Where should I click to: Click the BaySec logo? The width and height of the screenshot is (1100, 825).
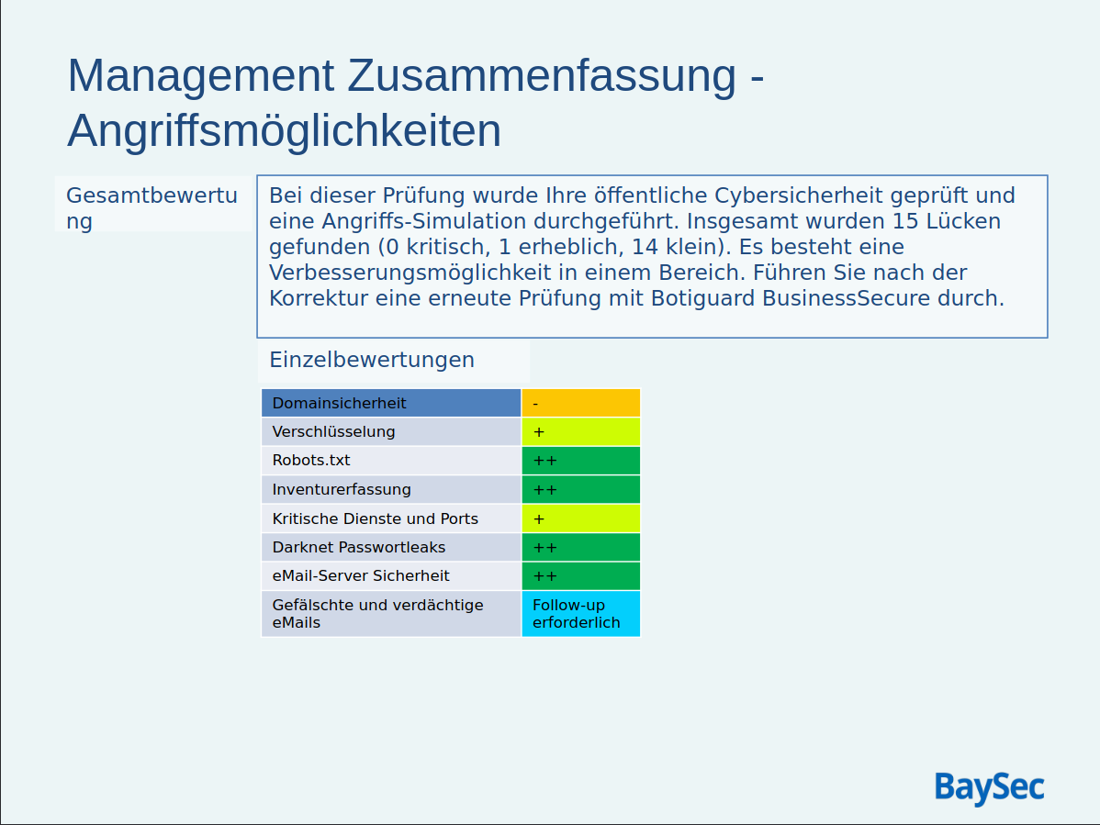click(x=989, y=788)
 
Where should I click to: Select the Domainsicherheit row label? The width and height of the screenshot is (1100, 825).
click(x=339, y=403)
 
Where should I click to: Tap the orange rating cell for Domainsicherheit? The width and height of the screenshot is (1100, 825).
click(x=580, y=403)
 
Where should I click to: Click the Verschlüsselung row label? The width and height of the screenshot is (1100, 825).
click(x=333, y=431)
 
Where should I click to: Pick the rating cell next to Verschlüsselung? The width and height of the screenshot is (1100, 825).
click(x=580, y=431)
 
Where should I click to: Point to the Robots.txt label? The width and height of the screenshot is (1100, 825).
click(x=311, y=460)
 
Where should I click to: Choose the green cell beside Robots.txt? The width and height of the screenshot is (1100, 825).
click(x=580, y=460)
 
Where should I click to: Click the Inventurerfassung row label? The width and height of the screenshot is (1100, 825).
click(x=342, y=489)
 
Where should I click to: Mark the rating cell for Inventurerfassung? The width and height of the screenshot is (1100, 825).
click(x=580, y=489)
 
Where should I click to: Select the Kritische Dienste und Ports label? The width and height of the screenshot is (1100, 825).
click(x=375, y=518)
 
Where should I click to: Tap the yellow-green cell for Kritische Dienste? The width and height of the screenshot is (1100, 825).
click(x=580, y=518)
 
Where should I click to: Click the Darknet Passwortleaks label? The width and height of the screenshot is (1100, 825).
click(x=358, y=547)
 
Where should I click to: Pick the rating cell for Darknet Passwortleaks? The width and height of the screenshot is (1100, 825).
click(x=580, y=547)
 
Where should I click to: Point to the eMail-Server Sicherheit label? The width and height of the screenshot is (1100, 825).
click(x=361, y=575)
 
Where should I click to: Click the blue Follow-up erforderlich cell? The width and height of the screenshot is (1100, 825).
click(x=580, y=613)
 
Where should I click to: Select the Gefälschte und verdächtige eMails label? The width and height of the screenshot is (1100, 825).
click(x=377, y=613)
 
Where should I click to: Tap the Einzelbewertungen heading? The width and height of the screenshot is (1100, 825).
click(x=372, y=360)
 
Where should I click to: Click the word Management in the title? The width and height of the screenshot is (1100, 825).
click(x=200, y=75)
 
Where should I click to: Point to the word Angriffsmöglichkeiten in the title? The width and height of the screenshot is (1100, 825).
click(x=285, y=130)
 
